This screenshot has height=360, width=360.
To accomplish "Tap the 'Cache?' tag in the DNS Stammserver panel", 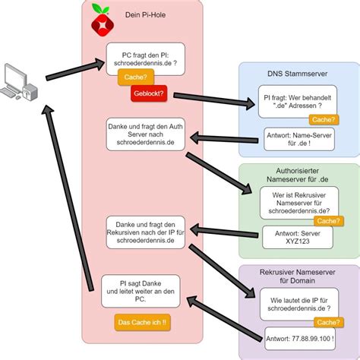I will coord(324,119).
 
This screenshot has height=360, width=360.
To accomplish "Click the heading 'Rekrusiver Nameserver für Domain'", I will coord(298,276).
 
